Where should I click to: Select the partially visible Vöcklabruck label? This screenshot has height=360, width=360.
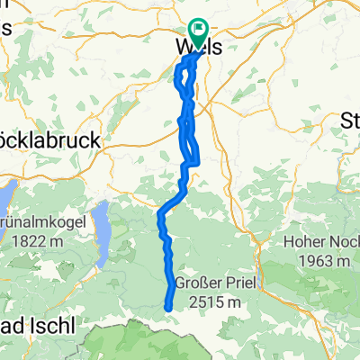[49, 142]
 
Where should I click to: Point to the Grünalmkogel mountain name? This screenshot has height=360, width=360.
[38, 222]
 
